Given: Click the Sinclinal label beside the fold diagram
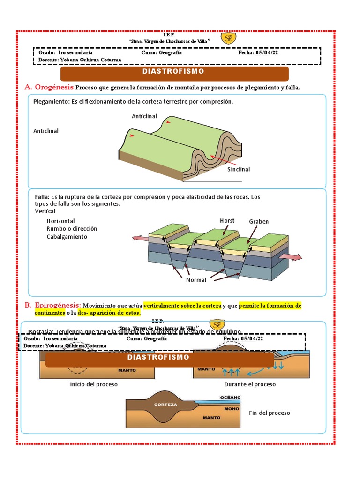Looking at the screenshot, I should tap(239, 169).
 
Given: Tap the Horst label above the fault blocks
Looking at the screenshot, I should tap(227, 221).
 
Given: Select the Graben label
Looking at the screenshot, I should tap(259, 221).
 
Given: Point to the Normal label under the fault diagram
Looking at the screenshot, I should tap(196, 280).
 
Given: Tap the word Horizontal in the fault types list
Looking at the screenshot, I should tap(60, 221).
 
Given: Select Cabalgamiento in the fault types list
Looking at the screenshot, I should tap(67, 237).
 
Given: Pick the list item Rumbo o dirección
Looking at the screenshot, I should tap(72, 229).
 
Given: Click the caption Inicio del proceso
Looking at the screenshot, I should tap(94, 384).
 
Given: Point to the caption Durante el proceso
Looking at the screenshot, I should tap(250, 384).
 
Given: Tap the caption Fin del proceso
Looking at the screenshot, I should tap(270, 413).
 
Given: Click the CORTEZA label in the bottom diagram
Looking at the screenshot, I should tap(165, 405).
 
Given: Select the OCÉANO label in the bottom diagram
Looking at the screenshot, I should tap(230, 397).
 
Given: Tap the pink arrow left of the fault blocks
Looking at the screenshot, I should tap(140, 239).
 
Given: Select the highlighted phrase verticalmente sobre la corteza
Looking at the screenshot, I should tap(182, 306).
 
